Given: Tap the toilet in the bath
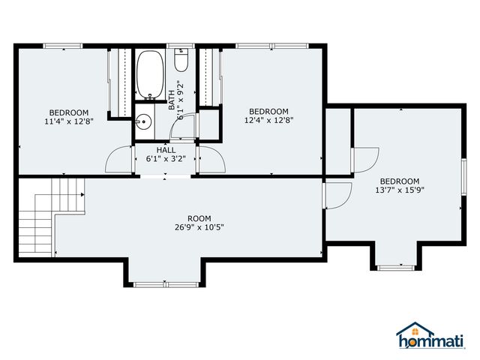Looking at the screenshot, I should (x=181, y=61).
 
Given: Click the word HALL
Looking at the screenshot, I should (x=166, y=150).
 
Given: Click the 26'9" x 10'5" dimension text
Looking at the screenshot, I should (x=199, y=228).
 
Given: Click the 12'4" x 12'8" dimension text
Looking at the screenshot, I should (x=268, y=119).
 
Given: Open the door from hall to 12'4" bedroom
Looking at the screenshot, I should (x=211, y=160).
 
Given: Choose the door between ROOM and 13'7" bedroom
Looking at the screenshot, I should (x=337, y=196).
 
